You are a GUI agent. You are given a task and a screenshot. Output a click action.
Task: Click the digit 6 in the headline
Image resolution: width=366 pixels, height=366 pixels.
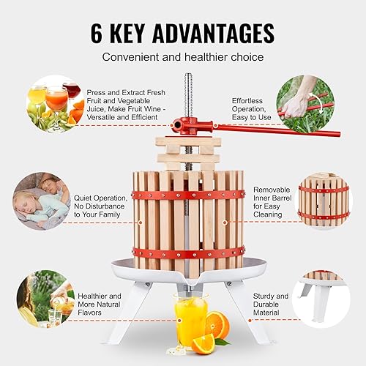coord(97,33)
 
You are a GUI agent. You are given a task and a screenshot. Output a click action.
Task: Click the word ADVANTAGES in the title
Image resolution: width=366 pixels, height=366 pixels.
coord(214,33)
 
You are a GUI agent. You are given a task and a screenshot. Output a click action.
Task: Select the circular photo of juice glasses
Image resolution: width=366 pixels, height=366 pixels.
coord(55,104)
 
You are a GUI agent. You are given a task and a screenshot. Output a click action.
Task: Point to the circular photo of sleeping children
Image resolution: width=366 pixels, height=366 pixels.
coord(42,201)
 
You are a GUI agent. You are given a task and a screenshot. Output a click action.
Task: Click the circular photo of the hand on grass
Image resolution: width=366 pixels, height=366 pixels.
coord(305,104)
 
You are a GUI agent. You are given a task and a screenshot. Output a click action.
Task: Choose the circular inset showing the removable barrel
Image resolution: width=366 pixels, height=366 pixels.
coord(324,201)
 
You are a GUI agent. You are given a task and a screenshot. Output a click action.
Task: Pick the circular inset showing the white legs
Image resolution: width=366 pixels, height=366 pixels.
coord(321,299)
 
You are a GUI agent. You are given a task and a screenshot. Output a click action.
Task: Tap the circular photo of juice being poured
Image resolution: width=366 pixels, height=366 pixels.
coord(45,299)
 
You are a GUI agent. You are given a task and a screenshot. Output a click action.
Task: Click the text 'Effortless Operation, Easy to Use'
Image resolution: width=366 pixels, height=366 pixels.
coord(251,109)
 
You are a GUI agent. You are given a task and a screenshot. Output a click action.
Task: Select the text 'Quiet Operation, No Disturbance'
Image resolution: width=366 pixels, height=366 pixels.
coord(100,202)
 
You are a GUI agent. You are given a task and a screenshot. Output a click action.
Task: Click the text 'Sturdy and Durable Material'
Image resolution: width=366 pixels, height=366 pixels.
coord(271,305)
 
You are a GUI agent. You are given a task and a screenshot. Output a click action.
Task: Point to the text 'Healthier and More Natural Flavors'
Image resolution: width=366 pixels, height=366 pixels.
coord(100,305)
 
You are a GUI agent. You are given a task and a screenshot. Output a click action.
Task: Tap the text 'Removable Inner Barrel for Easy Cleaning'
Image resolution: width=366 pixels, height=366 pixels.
coord(272,202)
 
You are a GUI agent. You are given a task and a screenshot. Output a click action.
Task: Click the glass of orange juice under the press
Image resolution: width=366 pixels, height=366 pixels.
coord(191,321)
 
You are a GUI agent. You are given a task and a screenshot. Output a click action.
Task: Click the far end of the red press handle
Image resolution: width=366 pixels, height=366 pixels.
coord(339,135)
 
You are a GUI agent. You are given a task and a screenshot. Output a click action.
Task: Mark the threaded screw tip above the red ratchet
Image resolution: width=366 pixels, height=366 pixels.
coord(188,75)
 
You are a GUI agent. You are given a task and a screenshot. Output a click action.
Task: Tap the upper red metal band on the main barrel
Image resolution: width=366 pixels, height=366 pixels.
coord(188,195)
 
